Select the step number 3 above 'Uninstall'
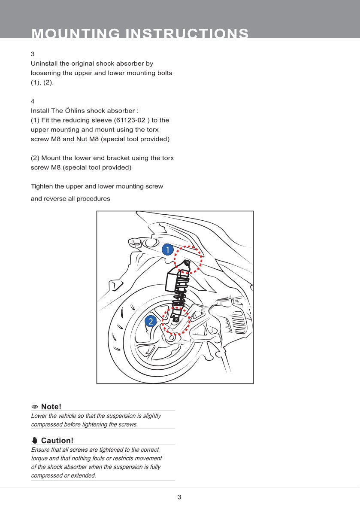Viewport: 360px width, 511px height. [x=33, y=55]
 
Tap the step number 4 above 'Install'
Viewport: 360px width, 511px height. [x=33, y=102]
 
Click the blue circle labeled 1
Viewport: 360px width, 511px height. [x=167, y=249]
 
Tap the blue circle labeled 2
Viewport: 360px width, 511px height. [x=151, y=321]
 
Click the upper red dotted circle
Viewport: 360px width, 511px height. [x=188, y=260]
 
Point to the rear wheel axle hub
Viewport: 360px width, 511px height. [x=172, y=338]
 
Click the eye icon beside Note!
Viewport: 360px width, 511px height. [x=35, y=407]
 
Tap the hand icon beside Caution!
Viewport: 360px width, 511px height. [x=35, y=441]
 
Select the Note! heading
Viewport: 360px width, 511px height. [x=51, y=407]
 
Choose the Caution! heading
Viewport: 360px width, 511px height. [x=57, y=441]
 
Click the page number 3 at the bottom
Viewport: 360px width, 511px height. [x=179, y=497]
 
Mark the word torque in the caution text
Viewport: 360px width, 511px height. [x=40, y=458]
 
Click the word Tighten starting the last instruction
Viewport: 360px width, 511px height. [x=42, y=186]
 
